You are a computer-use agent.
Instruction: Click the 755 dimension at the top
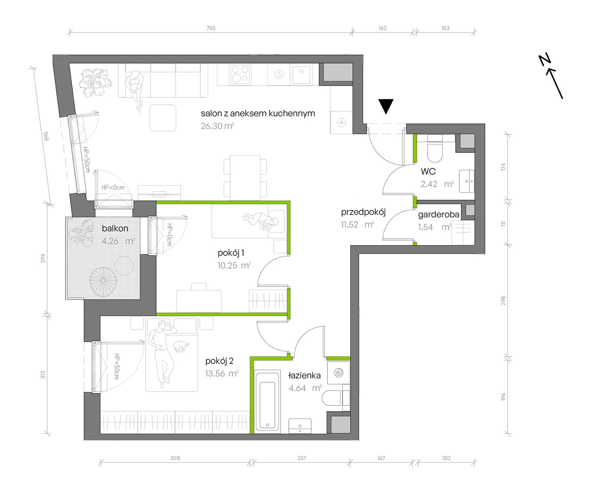[x=211, y=28]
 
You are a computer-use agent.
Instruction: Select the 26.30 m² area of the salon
[x=217, y=126]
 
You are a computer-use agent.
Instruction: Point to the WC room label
[x=428, y=171]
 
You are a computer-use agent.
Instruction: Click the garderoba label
[x=439, y=215]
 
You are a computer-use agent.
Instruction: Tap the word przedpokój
[x=363, y=212]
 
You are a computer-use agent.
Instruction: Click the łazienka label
[x=304, y=375]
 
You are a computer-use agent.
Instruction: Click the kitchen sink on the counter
[x=300, y=75]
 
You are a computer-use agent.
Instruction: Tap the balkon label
[x=115, y=229]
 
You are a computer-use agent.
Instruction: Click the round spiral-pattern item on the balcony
[x=103, y=281]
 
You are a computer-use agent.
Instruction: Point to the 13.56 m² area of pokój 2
[x=222, y=374]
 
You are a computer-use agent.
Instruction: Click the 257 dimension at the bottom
[x=302, y=458]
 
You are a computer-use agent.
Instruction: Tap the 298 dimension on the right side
[x=503, y=301]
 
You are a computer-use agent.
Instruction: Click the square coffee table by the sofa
[x=163, y=118]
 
